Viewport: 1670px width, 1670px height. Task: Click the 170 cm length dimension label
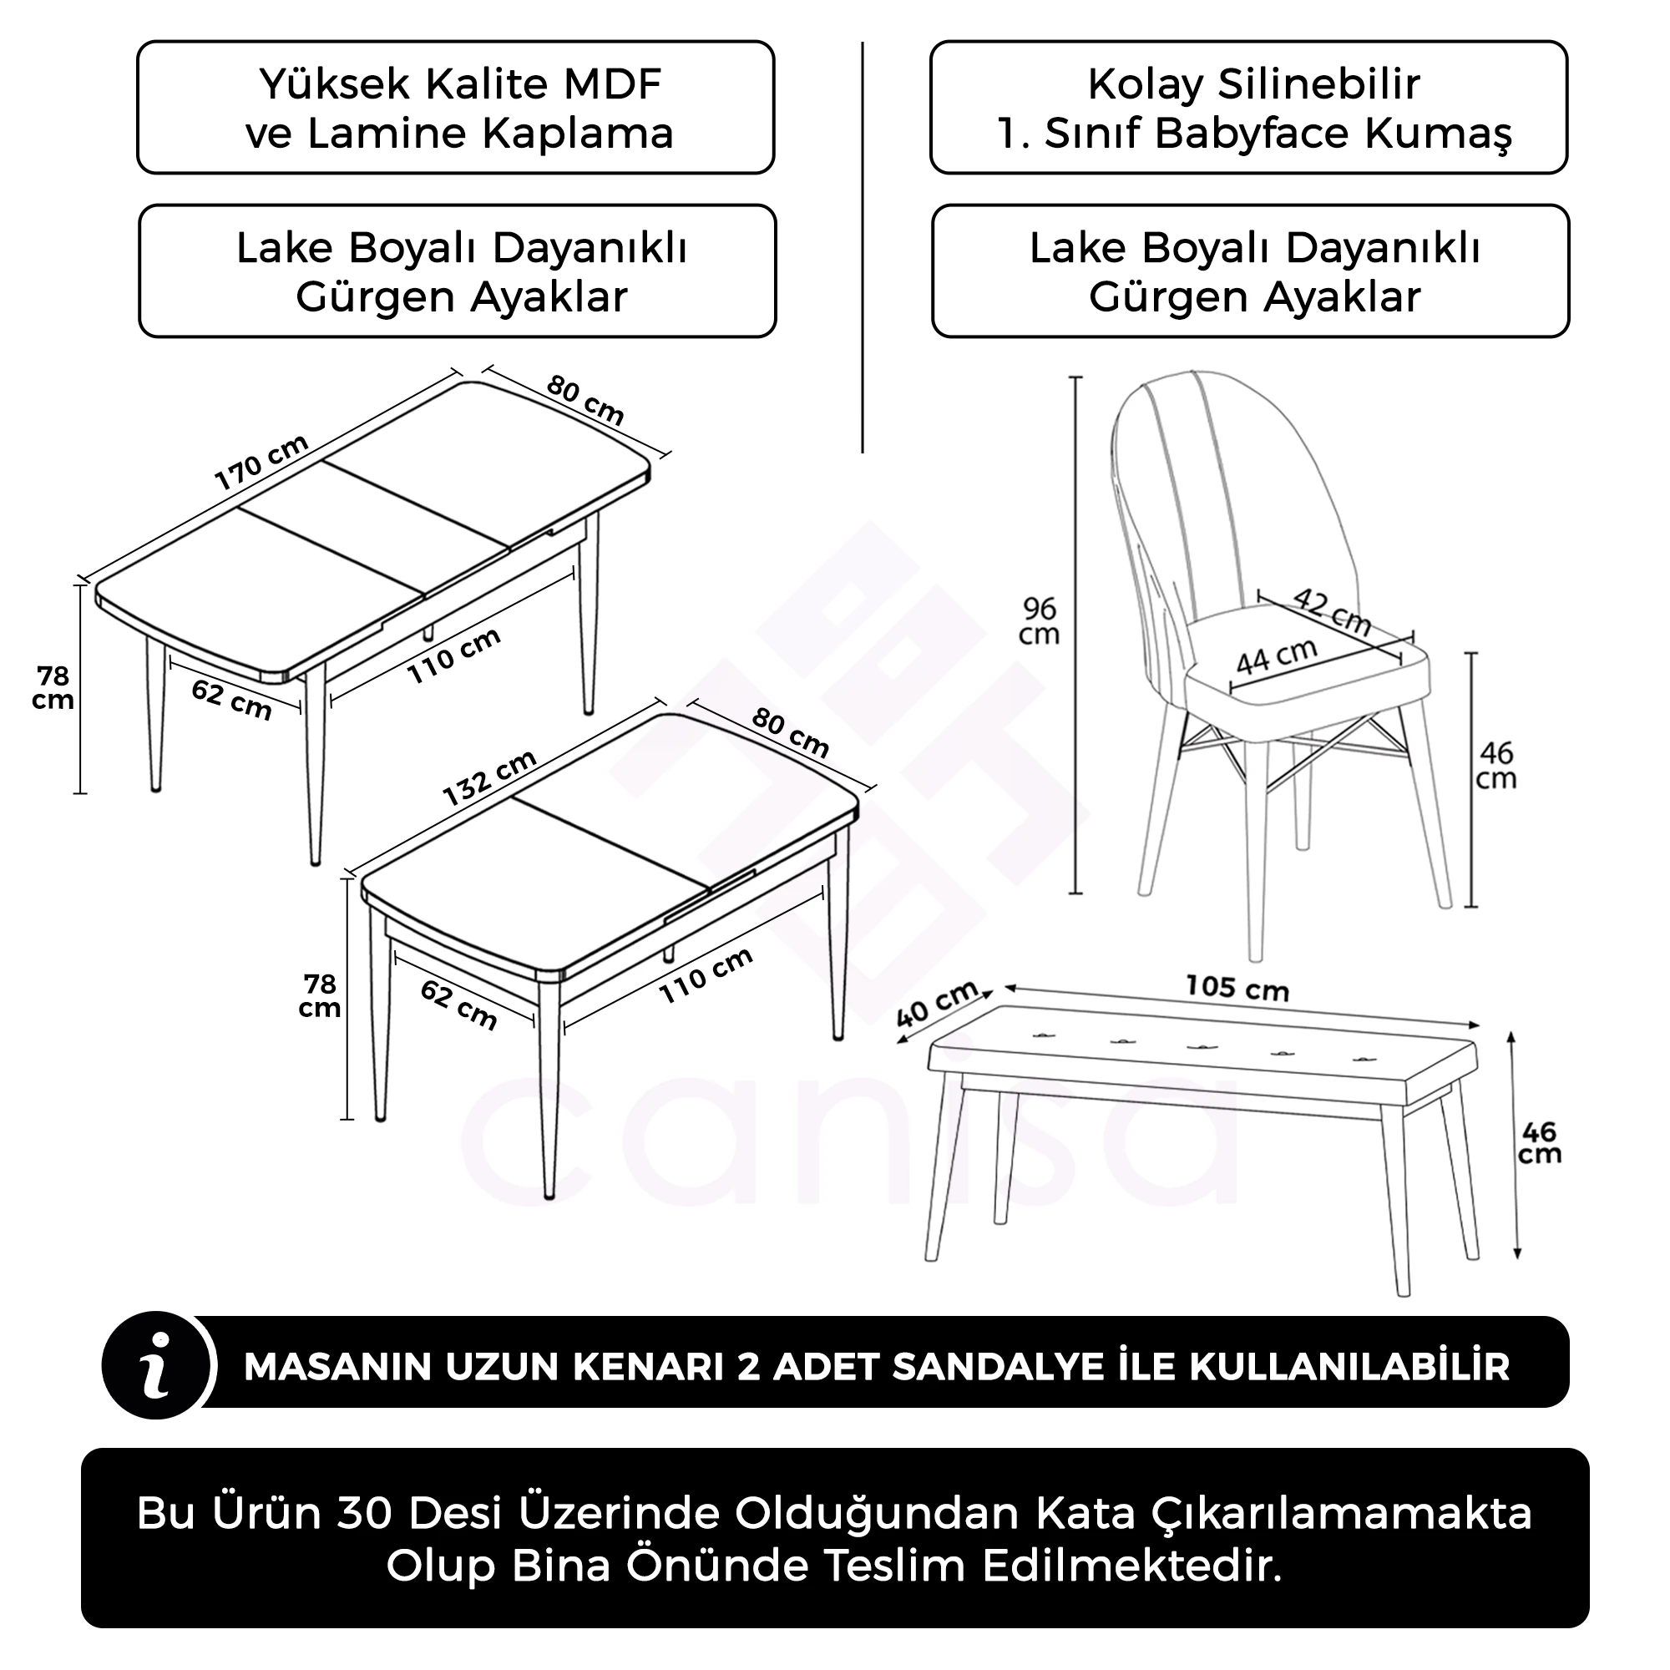point(261,463)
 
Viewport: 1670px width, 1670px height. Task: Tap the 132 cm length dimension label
point(489,778)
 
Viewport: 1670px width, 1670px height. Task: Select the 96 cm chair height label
point(1039,621)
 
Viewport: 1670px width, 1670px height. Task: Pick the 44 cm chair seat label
point(1276,657)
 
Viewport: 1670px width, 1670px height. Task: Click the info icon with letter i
point(157,1366)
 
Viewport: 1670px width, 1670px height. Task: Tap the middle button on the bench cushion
point(1198,1047)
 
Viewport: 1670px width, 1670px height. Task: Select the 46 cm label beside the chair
point(1496,766)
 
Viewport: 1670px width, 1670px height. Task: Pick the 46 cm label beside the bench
point(1540,1143)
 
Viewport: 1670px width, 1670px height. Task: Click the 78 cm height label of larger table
point(53,688)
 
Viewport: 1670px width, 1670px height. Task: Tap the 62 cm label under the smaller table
point(458,1005)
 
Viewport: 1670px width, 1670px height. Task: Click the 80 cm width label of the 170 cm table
point(584,400)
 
